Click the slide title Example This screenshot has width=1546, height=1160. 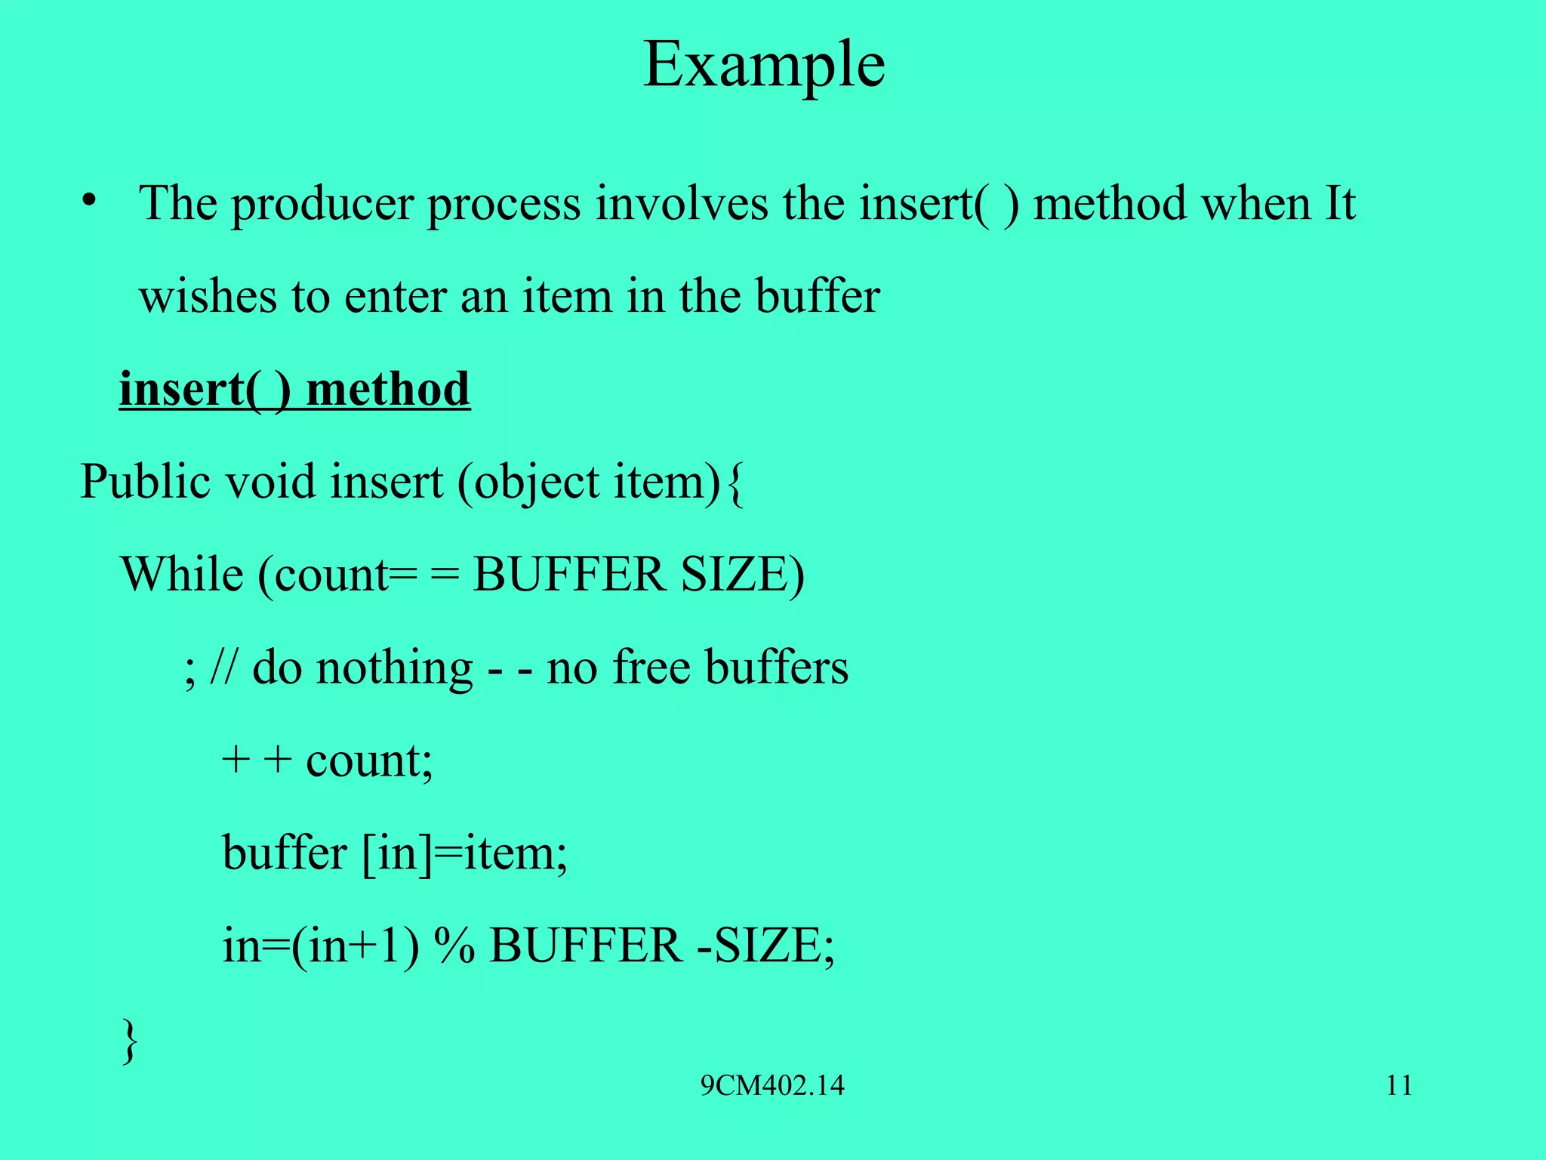tap(764, 66)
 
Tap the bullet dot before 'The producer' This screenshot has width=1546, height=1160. tap(90, 201)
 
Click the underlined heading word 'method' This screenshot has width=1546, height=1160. tap(388, 390)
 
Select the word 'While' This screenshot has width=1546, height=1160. tap(182, 575)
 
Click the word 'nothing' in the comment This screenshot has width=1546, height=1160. tap(394, 668)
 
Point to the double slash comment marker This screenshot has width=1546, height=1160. tap(222, 668)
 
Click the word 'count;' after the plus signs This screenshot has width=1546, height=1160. tap(369, 760)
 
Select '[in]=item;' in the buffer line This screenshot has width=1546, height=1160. tap(464, 853)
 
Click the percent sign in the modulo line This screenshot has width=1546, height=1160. tap(454, 946)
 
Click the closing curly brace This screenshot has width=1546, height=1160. tap(130, 1040)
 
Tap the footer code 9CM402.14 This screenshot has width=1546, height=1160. tap(772, 1086)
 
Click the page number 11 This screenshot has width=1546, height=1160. tap(1399, 1086)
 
